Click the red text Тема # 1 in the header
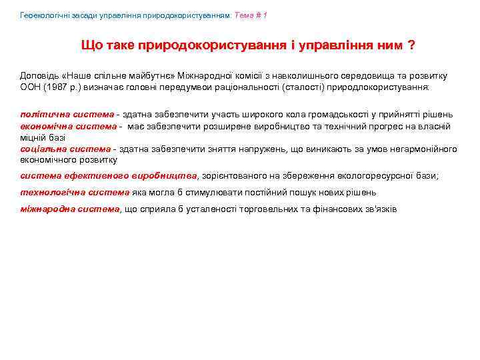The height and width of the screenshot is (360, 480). pyautogui.click(x=251, y=15)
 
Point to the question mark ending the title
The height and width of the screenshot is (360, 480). pyautogui.click(x=411, y=45)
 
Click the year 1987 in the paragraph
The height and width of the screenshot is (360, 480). pyautogui.click(x=55, y=87)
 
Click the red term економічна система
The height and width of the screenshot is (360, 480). pyautogui.click(x=69, y=126)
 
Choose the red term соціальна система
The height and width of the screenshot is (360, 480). pyautogui.click(x=65, y=149)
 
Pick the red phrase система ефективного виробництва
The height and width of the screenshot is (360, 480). pyautogui.click(x=109, y=176)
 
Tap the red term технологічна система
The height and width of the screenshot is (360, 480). pyautogui.click(x=75, y=192)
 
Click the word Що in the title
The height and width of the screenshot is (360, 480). pyautogui.click(x=91, y=45)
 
